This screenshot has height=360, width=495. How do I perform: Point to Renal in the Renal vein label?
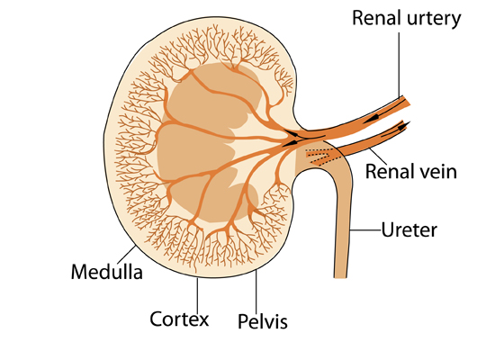[389, 172]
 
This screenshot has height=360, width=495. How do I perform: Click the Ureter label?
[409, 229]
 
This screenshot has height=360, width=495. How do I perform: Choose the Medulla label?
[107, 272]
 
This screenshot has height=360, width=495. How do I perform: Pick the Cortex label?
[179, 319]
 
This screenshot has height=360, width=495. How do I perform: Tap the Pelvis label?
[263, 321]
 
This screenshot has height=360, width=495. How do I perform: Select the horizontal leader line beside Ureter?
[365, 230]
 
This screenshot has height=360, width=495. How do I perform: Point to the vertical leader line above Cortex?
[198, 293]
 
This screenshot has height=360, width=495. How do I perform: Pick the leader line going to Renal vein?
[378, 157]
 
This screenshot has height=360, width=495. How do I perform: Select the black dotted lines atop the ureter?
[319, 157]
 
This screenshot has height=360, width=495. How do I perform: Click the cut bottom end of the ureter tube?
[340, 277]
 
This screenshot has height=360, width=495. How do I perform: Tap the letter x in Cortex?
[203, 320]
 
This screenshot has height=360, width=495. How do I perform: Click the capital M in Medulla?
[78, 272]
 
